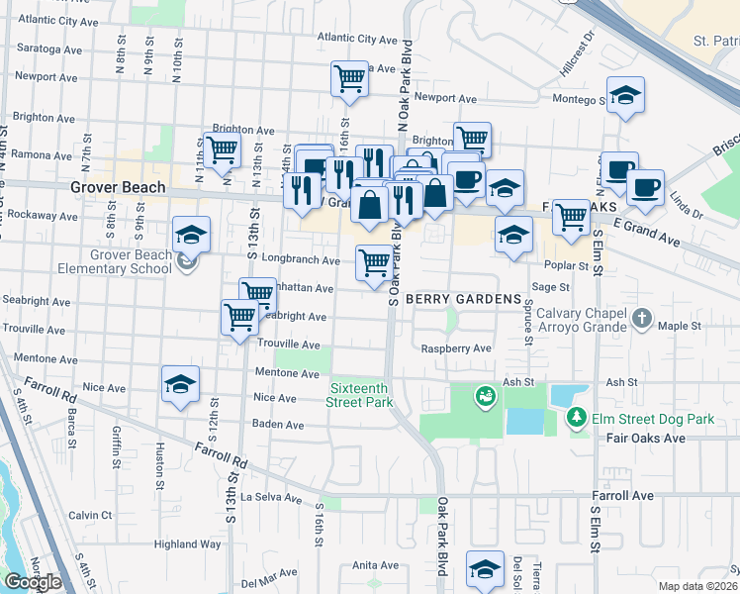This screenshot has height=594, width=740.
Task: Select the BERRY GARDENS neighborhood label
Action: point(463,299)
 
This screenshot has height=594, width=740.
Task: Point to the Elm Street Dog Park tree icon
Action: point(577,419)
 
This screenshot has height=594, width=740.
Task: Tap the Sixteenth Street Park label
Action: point(361,395)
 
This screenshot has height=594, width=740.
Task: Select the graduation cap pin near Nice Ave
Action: point(180,385)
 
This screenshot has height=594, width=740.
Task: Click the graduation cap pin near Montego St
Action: point(624,96)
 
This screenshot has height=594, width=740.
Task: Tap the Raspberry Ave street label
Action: point(456,349)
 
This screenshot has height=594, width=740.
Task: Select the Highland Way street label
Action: point(187,544)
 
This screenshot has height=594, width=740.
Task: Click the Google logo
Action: point(33,582)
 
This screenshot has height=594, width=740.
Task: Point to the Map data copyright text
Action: point(698,586)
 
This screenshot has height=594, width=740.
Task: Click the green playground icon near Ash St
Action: point(484,397)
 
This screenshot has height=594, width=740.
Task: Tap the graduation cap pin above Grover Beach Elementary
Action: point(191,235)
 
